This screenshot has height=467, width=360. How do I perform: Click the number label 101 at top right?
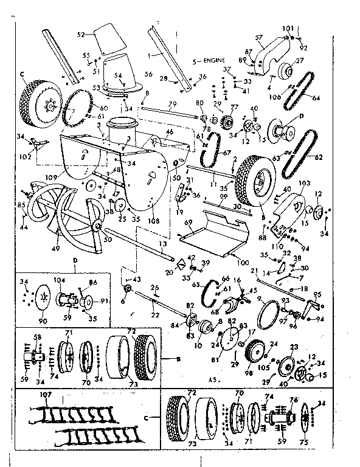[x=287, y=29]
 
